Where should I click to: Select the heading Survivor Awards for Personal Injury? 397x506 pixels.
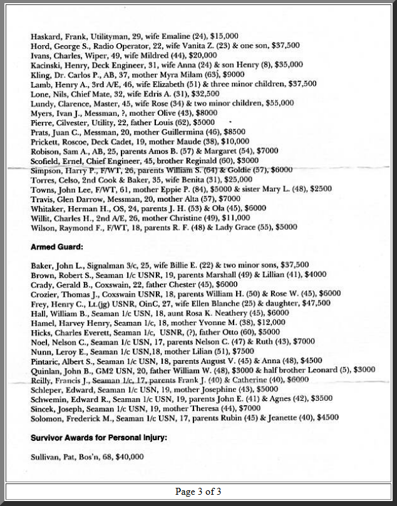[98, 438]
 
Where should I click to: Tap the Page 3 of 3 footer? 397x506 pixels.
[198, 492]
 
